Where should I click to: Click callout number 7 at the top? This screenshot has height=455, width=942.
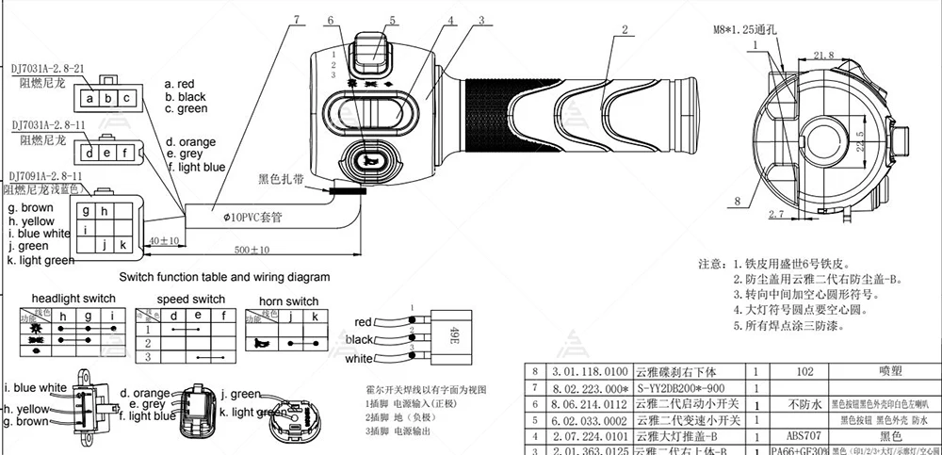[x=299, y=19]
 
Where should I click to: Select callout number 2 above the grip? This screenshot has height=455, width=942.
[x=623, y=29]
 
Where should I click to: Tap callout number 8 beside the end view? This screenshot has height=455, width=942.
[x=738, y=201]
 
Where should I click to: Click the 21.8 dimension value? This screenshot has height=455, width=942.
[x=823, y=56]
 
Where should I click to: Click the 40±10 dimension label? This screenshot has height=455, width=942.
[x=163, y=240]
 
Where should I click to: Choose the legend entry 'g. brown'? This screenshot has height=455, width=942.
[x=30, y=207]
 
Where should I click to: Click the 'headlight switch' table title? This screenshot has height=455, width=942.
[x=73, y=298]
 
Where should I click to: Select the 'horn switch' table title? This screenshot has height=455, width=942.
[x=288, y=301]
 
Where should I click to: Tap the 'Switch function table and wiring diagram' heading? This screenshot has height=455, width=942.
[x=224, y=277]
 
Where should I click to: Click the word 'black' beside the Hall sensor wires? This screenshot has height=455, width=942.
[x=359, y=339]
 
